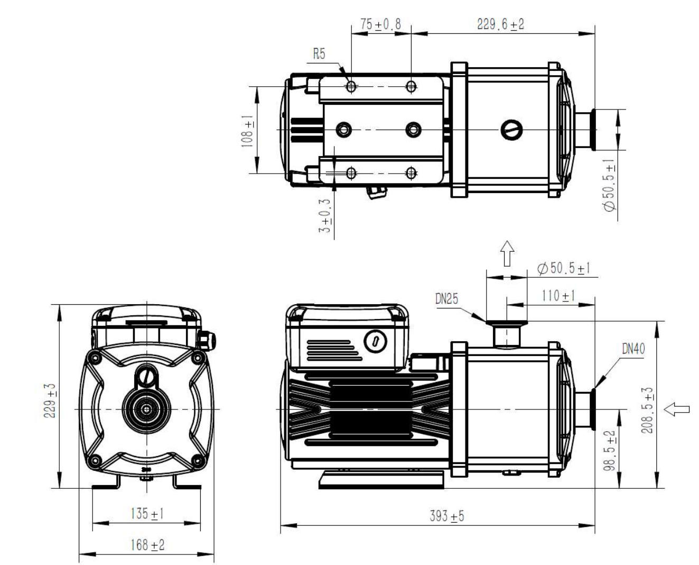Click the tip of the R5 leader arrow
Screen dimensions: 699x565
coord(349,83)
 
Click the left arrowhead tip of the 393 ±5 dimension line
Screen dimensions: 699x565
coord(281,525)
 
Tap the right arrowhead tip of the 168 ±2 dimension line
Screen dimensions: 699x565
coord(213,554)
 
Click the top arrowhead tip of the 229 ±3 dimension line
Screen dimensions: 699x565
coord(59,305)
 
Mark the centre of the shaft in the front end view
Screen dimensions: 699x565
coord(147,409)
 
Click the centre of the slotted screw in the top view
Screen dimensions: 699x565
coord(511,130)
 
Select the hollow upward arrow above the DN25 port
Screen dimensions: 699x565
coord(507,253)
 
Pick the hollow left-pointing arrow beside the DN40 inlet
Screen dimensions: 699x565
coord(676,409)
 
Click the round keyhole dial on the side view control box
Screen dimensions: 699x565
coord(375,341)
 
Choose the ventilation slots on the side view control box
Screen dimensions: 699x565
coord(334,351)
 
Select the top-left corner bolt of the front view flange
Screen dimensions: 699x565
coord(96,358)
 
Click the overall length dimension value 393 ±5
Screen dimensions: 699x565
coord(447,516)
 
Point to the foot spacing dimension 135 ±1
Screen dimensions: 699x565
coord(147,514)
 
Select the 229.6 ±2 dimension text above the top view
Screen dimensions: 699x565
coord(500,24)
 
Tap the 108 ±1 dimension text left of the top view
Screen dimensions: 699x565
coord(248,131)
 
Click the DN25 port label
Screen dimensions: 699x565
coord(446,298)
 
